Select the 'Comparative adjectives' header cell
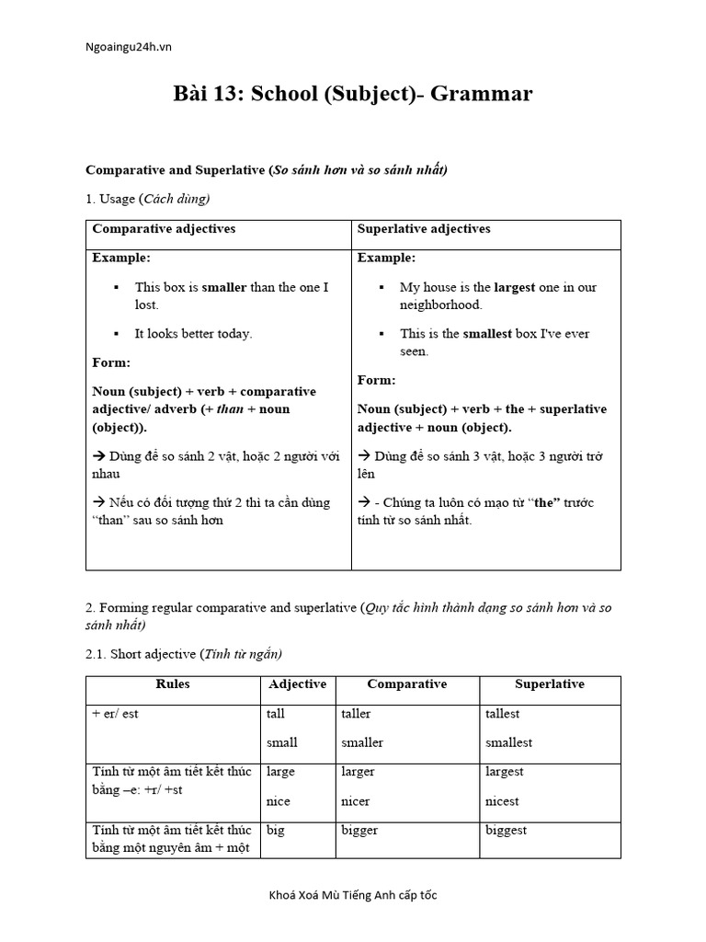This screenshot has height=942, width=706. [164, 229]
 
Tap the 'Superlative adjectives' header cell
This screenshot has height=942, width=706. [424, 229]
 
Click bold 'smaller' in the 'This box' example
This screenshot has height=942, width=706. [224, 287]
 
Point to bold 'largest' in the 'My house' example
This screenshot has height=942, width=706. [514, 287]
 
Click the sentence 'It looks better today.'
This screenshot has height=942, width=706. [193, 334]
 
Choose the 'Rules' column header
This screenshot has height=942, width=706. [173, 684]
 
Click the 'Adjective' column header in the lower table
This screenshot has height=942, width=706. [297, 684]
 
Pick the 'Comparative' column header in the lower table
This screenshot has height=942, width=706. [406, 684]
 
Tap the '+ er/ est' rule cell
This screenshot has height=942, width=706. [116, 714]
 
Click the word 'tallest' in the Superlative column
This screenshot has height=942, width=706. [503, 714]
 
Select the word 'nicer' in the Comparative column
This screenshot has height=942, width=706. [356, 801]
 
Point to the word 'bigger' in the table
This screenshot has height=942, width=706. [359, 831]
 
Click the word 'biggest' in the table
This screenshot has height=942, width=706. [507, 831]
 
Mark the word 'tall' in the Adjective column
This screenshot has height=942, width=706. [276, 714]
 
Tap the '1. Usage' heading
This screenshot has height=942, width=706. [148, 199]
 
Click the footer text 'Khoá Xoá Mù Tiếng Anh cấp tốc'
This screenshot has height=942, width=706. [353, 896]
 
